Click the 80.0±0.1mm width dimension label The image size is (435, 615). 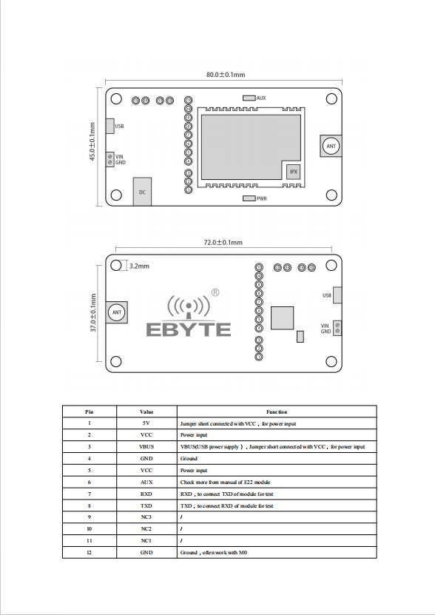click(x=226, y=75)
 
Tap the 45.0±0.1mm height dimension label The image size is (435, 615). click(x=92, y=141)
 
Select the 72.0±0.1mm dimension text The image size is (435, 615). click(x=223, y=243)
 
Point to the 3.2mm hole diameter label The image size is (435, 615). click(x=139, y=266)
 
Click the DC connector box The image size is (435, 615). click(x=142, y=192)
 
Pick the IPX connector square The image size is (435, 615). click(x=293, y=172)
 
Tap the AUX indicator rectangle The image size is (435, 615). click(x=249, y=98)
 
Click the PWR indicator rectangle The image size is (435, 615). click(x=249, y=198)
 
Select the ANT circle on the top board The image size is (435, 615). click(x=331, y=146)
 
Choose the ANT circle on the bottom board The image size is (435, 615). click(x=117, y=312)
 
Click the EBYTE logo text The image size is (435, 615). click(x=189, y=330)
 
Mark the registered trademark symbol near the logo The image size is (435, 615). click(x=215, y=292)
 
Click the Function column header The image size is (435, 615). click(x=277, y=411)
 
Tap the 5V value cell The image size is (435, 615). click(x=146, y=423)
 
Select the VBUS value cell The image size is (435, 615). click(x=146, y=447)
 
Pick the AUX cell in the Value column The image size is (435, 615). click(x=146, y=482)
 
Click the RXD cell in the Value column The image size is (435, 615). click(x=146, y=494)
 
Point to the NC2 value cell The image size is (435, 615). click(x=146, y=528)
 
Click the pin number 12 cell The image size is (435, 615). click(x=90, y=552)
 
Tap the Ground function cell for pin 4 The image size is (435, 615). click(x=277, y=459)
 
